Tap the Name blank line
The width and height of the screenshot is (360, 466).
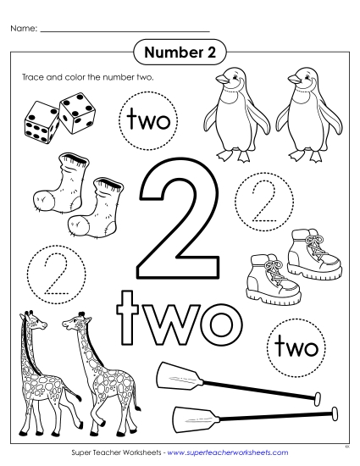pos(125,31)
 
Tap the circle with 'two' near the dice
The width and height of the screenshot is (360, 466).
pos(149,122)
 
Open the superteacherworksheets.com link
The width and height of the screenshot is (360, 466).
pos(228,453)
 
